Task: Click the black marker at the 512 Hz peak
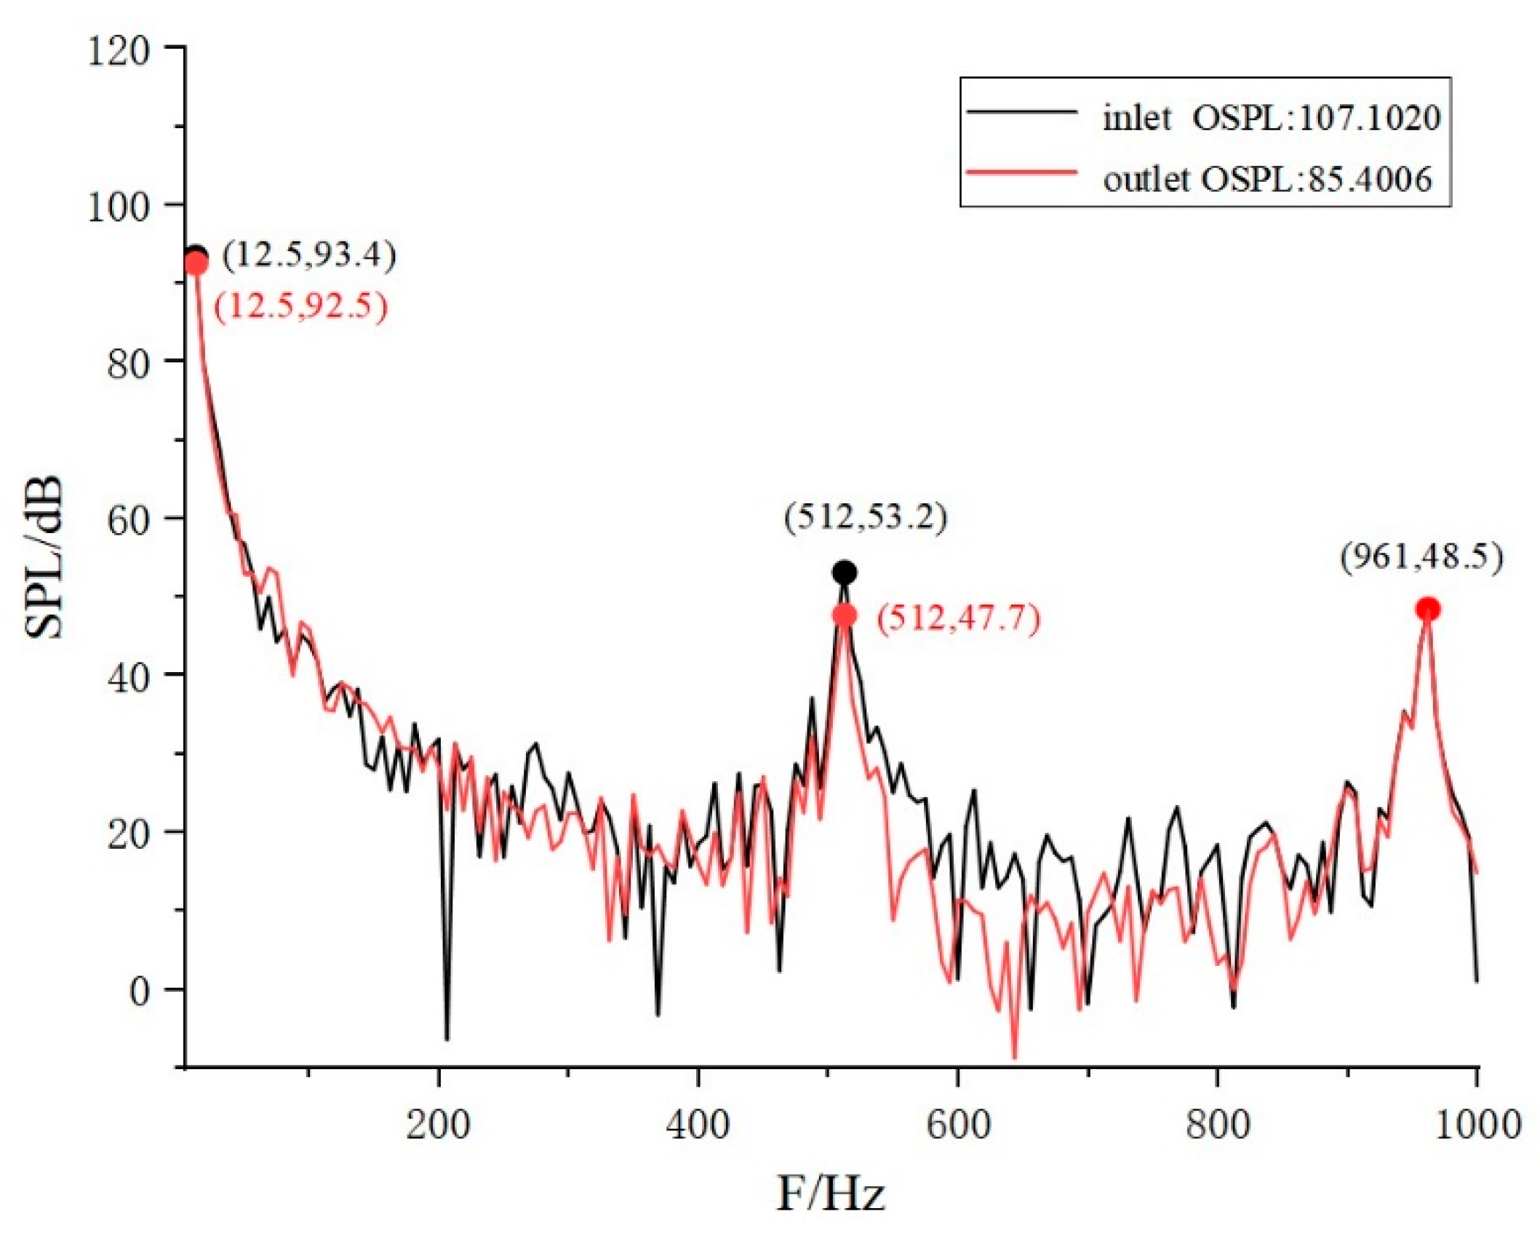pos(844,573)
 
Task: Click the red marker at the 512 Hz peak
pos(845,615)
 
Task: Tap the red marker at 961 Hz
pos(1428,609)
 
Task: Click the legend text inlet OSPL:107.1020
pos(1271,118)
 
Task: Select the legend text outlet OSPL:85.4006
pos(1267,179)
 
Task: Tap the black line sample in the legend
pos(1022,112)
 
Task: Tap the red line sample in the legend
pos(1022,172)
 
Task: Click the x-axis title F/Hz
pos(830,1194)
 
